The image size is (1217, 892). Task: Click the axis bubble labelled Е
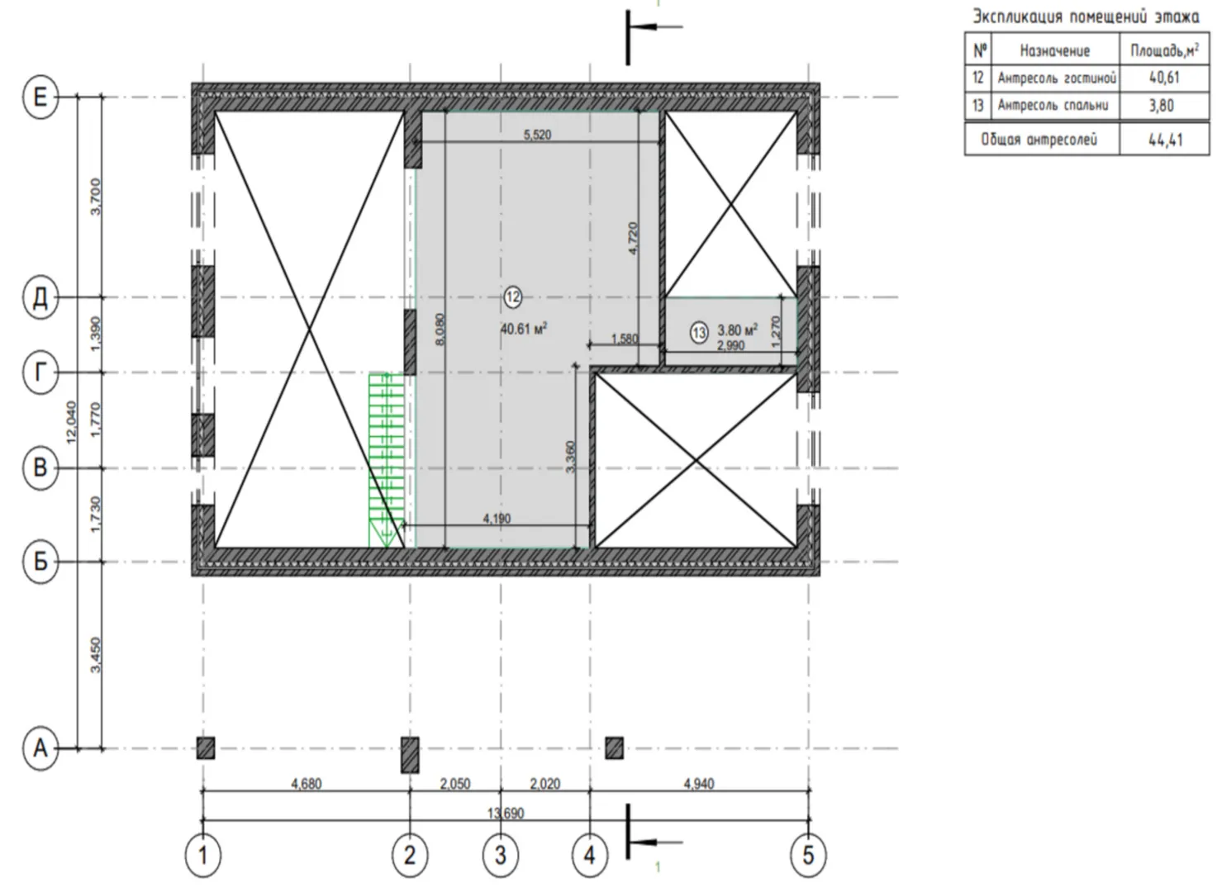pos(40,97)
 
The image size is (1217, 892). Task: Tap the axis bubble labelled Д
pos(40,297)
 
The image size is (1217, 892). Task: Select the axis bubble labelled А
pos(40,748)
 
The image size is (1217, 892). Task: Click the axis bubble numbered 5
pos(808,856)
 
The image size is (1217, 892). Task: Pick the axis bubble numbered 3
pos(501,856)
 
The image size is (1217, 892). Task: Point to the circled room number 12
pos(513,297)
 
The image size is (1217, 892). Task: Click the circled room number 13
pos(699,333)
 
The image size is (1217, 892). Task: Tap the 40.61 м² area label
pos(524,329)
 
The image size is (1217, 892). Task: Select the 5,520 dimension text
pos(537,135)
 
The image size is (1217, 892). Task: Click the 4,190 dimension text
pos(497,518)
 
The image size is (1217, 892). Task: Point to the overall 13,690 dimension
pos(506,814)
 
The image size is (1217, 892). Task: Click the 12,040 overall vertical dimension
pos(71,423)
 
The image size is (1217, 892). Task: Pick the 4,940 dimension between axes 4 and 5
pos(699,784)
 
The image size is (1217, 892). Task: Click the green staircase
pos(387,459)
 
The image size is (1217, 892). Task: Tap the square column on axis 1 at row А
pos(206,748)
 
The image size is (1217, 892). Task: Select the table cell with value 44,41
pos(1166,140)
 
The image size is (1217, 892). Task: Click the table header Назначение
pos(1054,51)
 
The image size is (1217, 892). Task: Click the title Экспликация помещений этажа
pos(1086,17)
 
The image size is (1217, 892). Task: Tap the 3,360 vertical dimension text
pos(570,457)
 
